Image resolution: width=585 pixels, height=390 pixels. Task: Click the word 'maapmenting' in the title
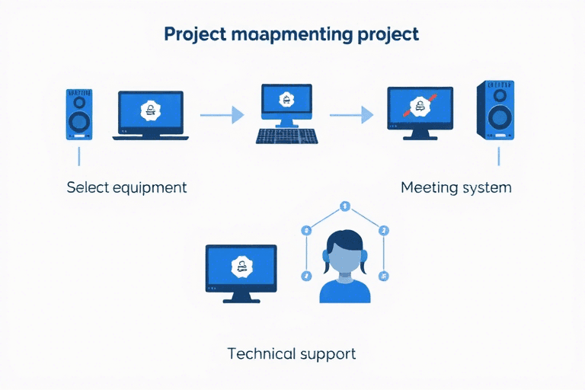(290, 36)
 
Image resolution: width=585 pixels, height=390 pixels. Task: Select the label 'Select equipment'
(126, 187)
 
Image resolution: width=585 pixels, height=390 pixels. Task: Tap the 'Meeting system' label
(456, 187)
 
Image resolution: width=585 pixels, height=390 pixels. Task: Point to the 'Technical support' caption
(292, 353)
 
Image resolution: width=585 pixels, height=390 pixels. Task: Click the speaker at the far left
(78, 113)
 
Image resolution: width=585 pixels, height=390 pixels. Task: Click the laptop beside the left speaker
(150, 115)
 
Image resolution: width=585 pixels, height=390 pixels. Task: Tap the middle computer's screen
(286, 100)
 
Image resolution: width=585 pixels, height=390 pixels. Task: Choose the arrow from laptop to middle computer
(222, 115)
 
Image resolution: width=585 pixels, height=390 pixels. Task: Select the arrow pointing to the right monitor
(351, 115)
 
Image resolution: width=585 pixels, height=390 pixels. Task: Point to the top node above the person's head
(344, 206)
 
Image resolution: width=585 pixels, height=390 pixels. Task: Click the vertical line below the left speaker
(78, 156)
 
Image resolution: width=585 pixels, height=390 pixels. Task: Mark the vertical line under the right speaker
(498, 156)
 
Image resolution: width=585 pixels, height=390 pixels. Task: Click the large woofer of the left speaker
(78, 122)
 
